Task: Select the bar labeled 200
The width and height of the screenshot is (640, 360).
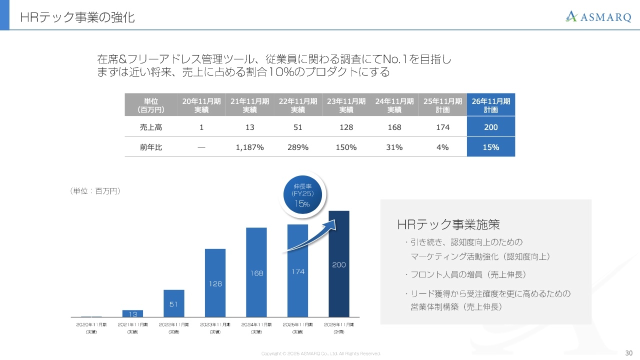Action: (339, 264)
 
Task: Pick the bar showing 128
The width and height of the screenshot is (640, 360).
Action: (215, 283)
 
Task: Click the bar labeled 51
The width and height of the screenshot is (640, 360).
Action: (174, 303)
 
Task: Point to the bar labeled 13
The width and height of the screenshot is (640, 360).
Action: (132, 313)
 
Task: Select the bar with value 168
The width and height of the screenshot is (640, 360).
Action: (256, 272)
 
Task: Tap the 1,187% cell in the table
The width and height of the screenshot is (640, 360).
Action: (249, 147)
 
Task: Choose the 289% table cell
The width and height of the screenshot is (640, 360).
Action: (298, 147)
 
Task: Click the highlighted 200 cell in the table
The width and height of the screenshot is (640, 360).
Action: (490, 127)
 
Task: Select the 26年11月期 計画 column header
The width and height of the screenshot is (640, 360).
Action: (490, 105)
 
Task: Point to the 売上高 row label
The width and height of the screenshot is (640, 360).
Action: (150, 127)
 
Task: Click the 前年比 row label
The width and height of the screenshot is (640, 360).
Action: (150, 147)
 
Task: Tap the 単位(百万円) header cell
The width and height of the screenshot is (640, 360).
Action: (150, 105)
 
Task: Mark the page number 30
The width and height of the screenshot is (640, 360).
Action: (628, 352)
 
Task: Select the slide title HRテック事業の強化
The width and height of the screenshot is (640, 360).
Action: (77, 17)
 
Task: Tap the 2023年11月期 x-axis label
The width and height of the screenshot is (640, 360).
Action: (215, 327)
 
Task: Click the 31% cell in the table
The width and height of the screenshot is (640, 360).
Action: (394, 147)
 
